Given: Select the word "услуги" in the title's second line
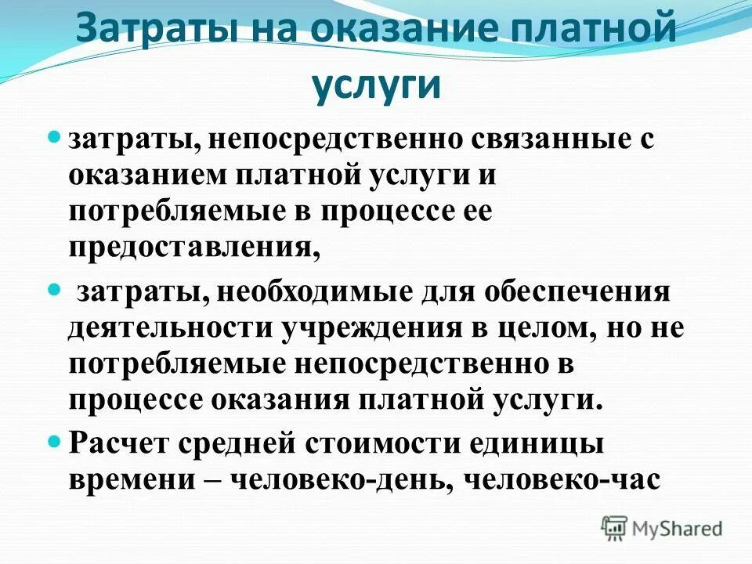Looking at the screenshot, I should [377, 85].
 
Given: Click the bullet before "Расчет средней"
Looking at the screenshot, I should [55, 441].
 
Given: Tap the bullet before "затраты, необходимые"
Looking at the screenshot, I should [55, 290].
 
